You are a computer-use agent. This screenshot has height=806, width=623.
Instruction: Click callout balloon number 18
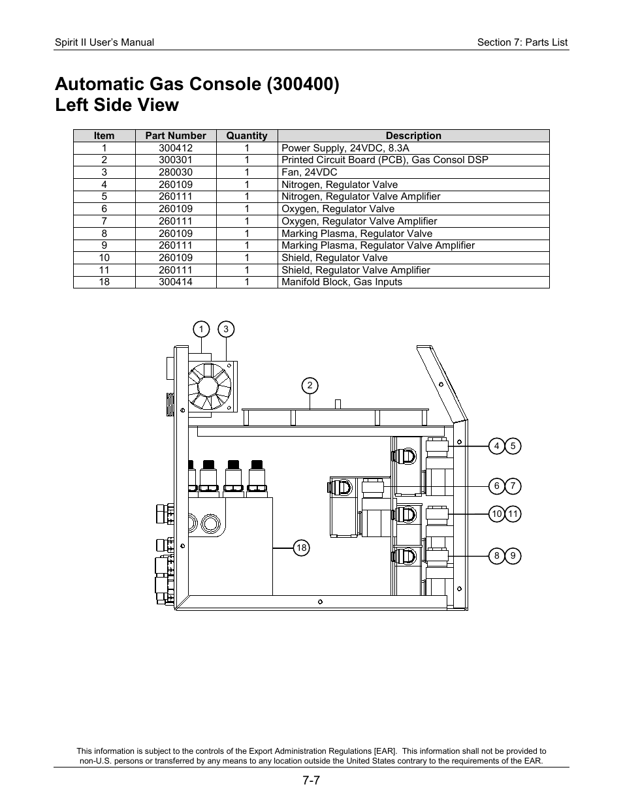tap(301, 548)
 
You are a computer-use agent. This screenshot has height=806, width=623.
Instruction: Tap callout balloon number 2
tap(310, 386)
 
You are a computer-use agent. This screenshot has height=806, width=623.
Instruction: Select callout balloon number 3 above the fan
tap(226, 330)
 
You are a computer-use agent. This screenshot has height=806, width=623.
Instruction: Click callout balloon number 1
tap(201, 330)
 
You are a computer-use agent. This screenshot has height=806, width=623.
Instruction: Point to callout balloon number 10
tap(496, 514)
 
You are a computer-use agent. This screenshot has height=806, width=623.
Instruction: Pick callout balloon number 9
tap(513, 556)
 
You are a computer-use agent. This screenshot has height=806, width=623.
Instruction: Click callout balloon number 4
tap(496, 446)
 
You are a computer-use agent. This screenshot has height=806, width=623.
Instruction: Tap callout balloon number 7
tap(513, 486)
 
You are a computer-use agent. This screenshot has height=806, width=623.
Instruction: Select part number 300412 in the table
tap(176, 148)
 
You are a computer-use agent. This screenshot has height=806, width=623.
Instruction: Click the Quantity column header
tap(247, 136)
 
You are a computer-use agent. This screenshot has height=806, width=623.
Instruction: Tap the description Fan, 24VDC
tap(310, 172)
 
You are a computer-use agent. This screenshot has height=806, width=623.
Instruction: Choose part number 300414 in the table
tap(176, 282)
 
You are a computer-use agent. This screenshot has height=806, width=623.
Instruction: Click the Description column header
tap(413, 136)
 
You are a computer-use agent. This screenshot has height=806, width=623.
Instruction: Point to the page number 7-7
tap(311, 781)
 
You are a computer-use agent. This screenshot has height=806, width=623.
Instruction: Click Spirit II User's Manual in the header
tap(104, 42)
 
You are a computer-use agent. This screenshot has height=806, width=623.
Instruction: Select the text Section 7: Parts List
tap(522, 42)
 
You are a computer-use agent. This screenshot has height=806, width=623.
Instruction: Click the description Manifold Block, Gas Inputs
tap(342, 282)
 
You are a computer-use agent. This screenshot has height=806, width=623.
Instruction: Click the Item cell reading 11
tap(104, 270)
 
